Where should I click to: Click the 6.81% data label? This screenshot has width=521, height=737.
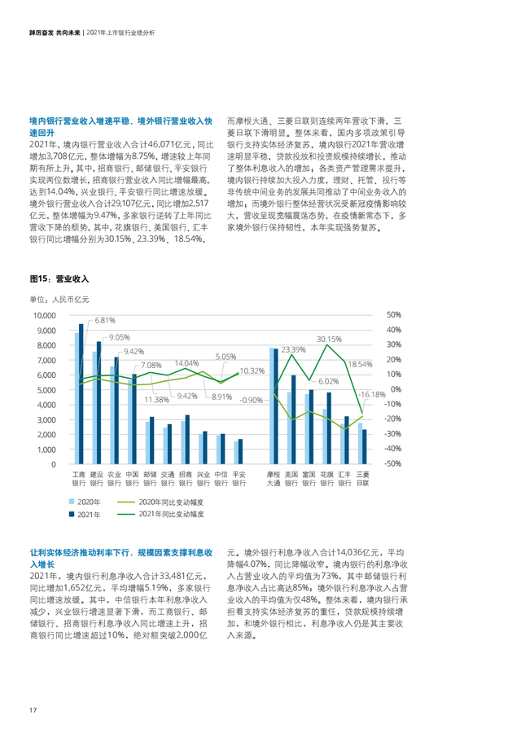tap(106, 321)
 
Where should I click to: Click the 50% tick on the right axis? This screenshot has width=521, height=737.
tap(393, 315)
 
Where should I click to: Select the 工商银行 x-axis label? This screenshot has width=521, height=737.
tap(80, 477)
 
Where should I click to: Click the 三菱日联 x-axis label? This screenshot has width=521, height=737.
tap(363, 477)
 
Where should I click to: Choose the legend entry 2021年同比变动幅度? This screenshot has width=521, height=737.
tap(169, 515)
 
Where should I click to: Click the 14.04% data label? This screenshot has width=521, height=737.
tap(186, 363)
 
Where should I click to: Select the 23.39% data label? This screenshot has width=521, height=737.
tap(293, 349)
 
